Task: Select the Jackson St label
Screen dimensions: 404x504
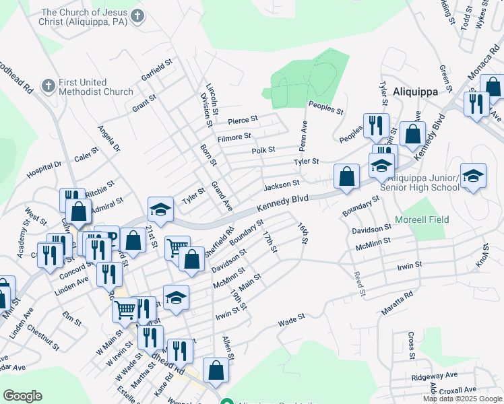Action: coord(281,184)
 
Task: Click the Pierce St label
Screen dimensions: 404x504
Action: coord(243,121)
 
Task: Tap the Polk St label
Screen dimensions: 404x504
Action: coord(263,151)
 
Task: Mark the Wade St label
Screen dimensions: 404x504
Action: coord(292,320)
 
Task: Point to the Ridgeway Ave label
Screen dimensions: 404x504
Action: coord(436,375)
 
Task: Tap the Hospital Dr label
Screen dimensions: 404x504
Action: coord(44,169)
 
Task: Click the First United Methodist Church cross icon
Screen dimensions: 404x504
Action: coord(47,86)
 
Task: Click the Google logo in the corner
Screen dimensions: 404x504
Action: coord(22,395)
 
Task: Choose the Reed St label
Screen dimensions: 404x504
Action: coord(360,284)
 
